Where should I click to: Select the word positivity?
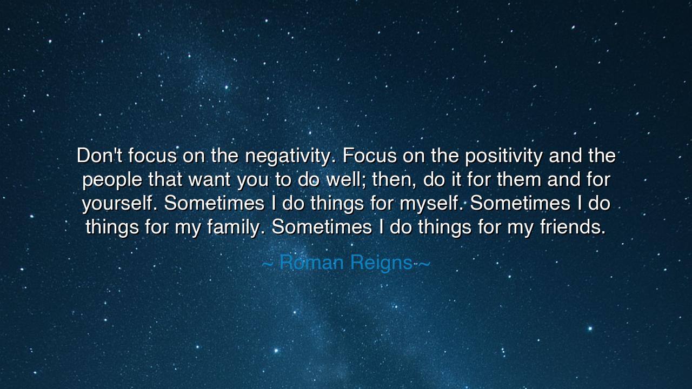(504, 157)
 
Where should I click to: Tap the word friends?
(572, 227)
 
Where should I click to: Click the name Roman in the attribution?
(311, 263)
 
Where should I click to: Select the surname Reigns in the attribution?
(381, 263)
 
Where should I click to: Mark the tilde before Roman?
(268, 264)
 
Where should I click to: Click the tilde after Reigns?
(424, 264)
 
